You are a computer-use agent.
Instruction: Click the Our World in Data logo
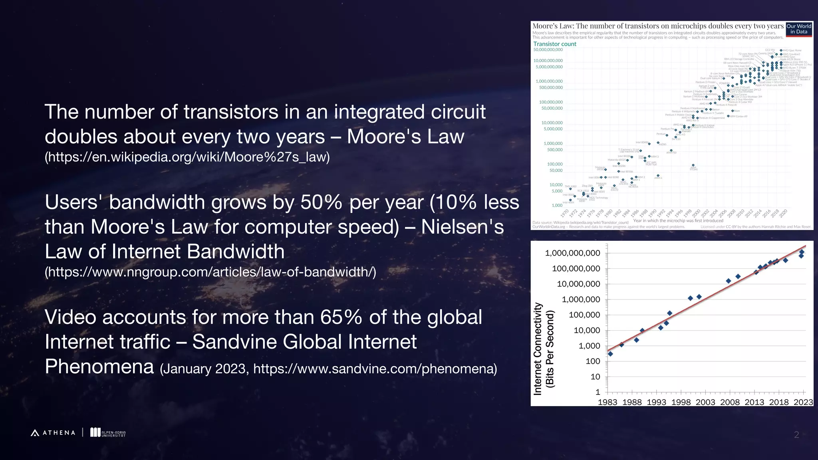(799, 29)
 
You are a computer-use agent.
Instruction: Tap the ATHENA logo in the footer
(53, 432)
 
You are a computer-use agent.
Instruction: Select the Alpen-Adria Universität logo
(108, 432)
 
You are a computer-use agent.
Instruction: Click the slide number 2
(796, 435)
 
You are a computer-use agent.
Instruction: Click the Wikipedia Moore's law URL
(187, 157)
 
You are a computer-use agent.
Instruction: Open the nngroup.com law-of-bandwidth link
(210, 272)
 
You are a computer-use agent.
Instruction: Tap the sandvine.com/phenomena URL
(375, 369)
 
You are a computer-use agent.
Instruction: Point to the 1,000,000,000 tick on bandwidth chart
(572, 253)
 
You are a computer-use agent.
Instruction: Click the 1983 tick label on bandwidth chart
(607, 402)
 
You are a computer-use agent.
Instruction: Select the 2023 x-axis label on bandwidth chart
(803, 402)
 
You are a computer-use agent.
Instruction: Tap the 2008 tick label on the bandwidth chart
(730, 402)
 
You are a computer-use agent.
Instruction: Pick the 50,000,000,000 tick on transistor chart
(548, 50)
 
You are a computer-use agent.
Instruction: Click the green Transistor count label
(555, 44)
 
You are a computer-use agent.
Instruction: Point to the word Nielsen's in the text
(463, 227)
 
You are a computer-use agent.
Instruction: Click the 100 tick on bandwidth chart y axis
(593, 361)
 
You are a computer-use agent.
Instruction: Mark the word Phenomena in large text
(99, 367)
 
